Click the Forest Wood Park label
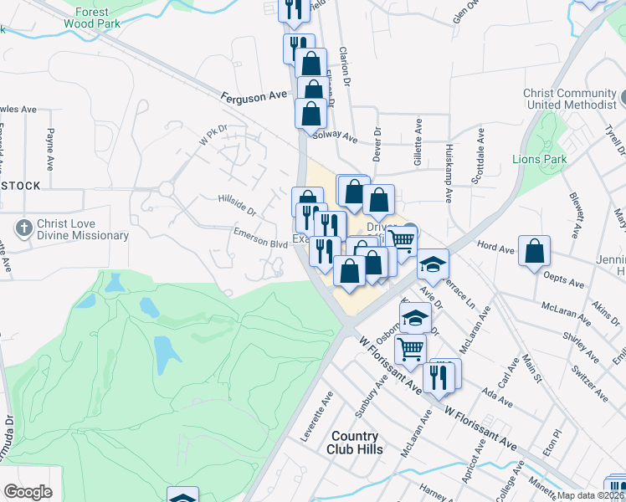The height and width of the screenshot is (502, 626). click(92, 18)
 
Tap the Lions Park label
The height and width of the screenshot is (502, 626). click(540, 159)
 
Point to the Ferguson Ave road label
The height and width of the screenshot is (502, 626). click(254, 97)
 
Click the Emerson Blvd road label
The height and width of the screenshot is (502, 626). click(260, 238)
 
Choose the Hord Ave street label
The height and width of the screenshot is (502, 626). click(495, 248)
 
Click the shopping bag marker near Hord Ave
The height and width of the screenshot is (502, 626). click(534, 252)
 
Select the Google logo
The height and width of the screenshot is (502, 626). click(28, 492)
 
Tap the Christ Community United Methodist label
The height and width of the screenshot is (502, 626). click(569, 99)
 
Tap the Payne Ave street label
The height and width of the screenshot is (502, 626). click(51, 146)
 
